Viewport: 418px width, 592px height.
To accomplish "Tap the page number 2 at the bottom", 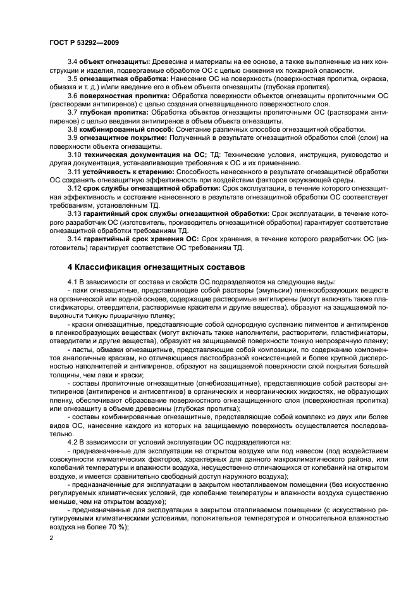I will click(51, 538).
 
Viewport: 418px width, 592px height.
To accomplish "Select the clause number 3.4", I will click(71, 61).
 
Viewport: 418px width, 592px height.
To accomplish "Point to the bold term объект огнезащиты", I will click(108, 61).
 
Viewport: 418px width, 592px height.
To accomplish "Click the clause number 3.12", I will click(73, 189).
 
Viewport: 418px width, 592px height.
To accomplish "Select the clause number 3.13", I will click(73, 214).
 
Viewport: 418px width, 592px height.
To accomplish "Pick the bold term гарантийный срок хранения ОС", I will click(140, 239).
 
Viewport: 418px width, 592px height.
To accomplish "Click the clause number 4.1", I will click(71, 282).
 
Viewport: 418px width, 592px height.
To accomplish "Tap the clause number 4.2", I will click(71, 443).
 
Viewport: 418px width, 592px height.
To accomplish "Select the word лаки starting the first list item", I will click(79, 290).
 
